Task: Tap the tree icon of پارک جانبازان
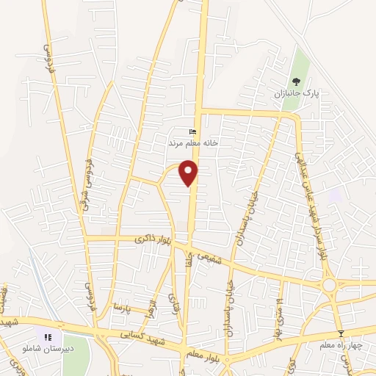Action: [x=296, y=82]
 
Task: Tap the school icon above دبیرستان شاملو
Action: [x=48, y=337]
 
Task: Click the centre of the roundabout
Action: [x=329, y=284]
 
